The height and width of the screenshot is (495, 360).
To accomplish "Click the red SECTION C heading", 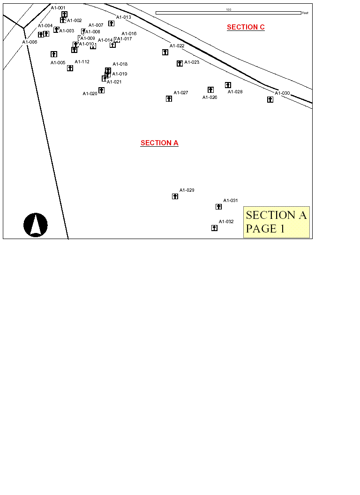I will tap(246, 27).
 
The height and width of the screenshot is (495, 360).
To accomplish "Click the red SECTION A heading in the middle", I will tap(159, 143).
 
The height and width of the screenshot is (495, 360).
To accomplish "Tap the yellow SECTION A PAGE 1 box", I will tap(276, 222).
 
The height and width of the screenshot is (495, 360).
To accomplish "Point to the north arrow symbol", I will tap(36, 225).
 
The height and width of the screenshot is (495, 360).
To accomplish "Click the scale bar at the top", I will tap(228, 13).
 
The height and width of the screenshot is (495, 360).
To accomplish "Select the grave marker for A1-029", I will tap(175, 196).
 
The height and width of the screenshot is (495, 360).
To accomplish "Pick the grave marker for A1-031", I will tap(218, 207).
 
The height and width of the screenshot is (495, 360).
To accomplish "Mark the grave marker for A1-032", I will tap(214, 228).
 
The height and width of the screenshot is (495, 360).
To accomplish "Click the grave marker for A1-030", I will tap(270, 99).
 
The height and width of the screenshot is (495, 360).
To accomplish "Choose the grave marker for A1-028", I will tap(228, 85).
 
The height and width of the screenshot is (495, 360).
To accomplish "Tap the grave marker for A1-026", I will tap(210, 90).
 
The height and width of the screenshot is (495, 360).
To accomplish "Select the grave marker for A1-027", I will tap(169, 98).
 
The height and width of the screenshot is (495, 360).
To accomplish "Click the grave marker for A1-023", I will tap(180, 63).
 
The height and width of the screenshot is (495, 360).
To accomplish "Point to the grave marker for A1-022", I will tap(165, 52).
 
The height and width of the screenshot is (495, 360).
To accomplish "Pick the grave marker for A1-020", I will tap(101, 90).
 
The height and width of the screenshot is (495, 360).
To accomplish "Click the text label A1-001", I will tap(58, 8).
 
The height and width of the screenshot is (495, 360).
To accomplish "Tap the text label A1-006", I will tap(30, 42).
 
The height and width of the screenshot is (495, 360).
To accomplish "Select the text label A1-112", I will tap(82, 62).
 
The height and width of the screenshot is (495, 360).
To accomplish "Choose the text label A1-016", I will tap(129, 34).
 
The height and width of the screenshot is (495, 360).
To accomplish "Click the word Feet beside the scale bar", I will tap(305, 13).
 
